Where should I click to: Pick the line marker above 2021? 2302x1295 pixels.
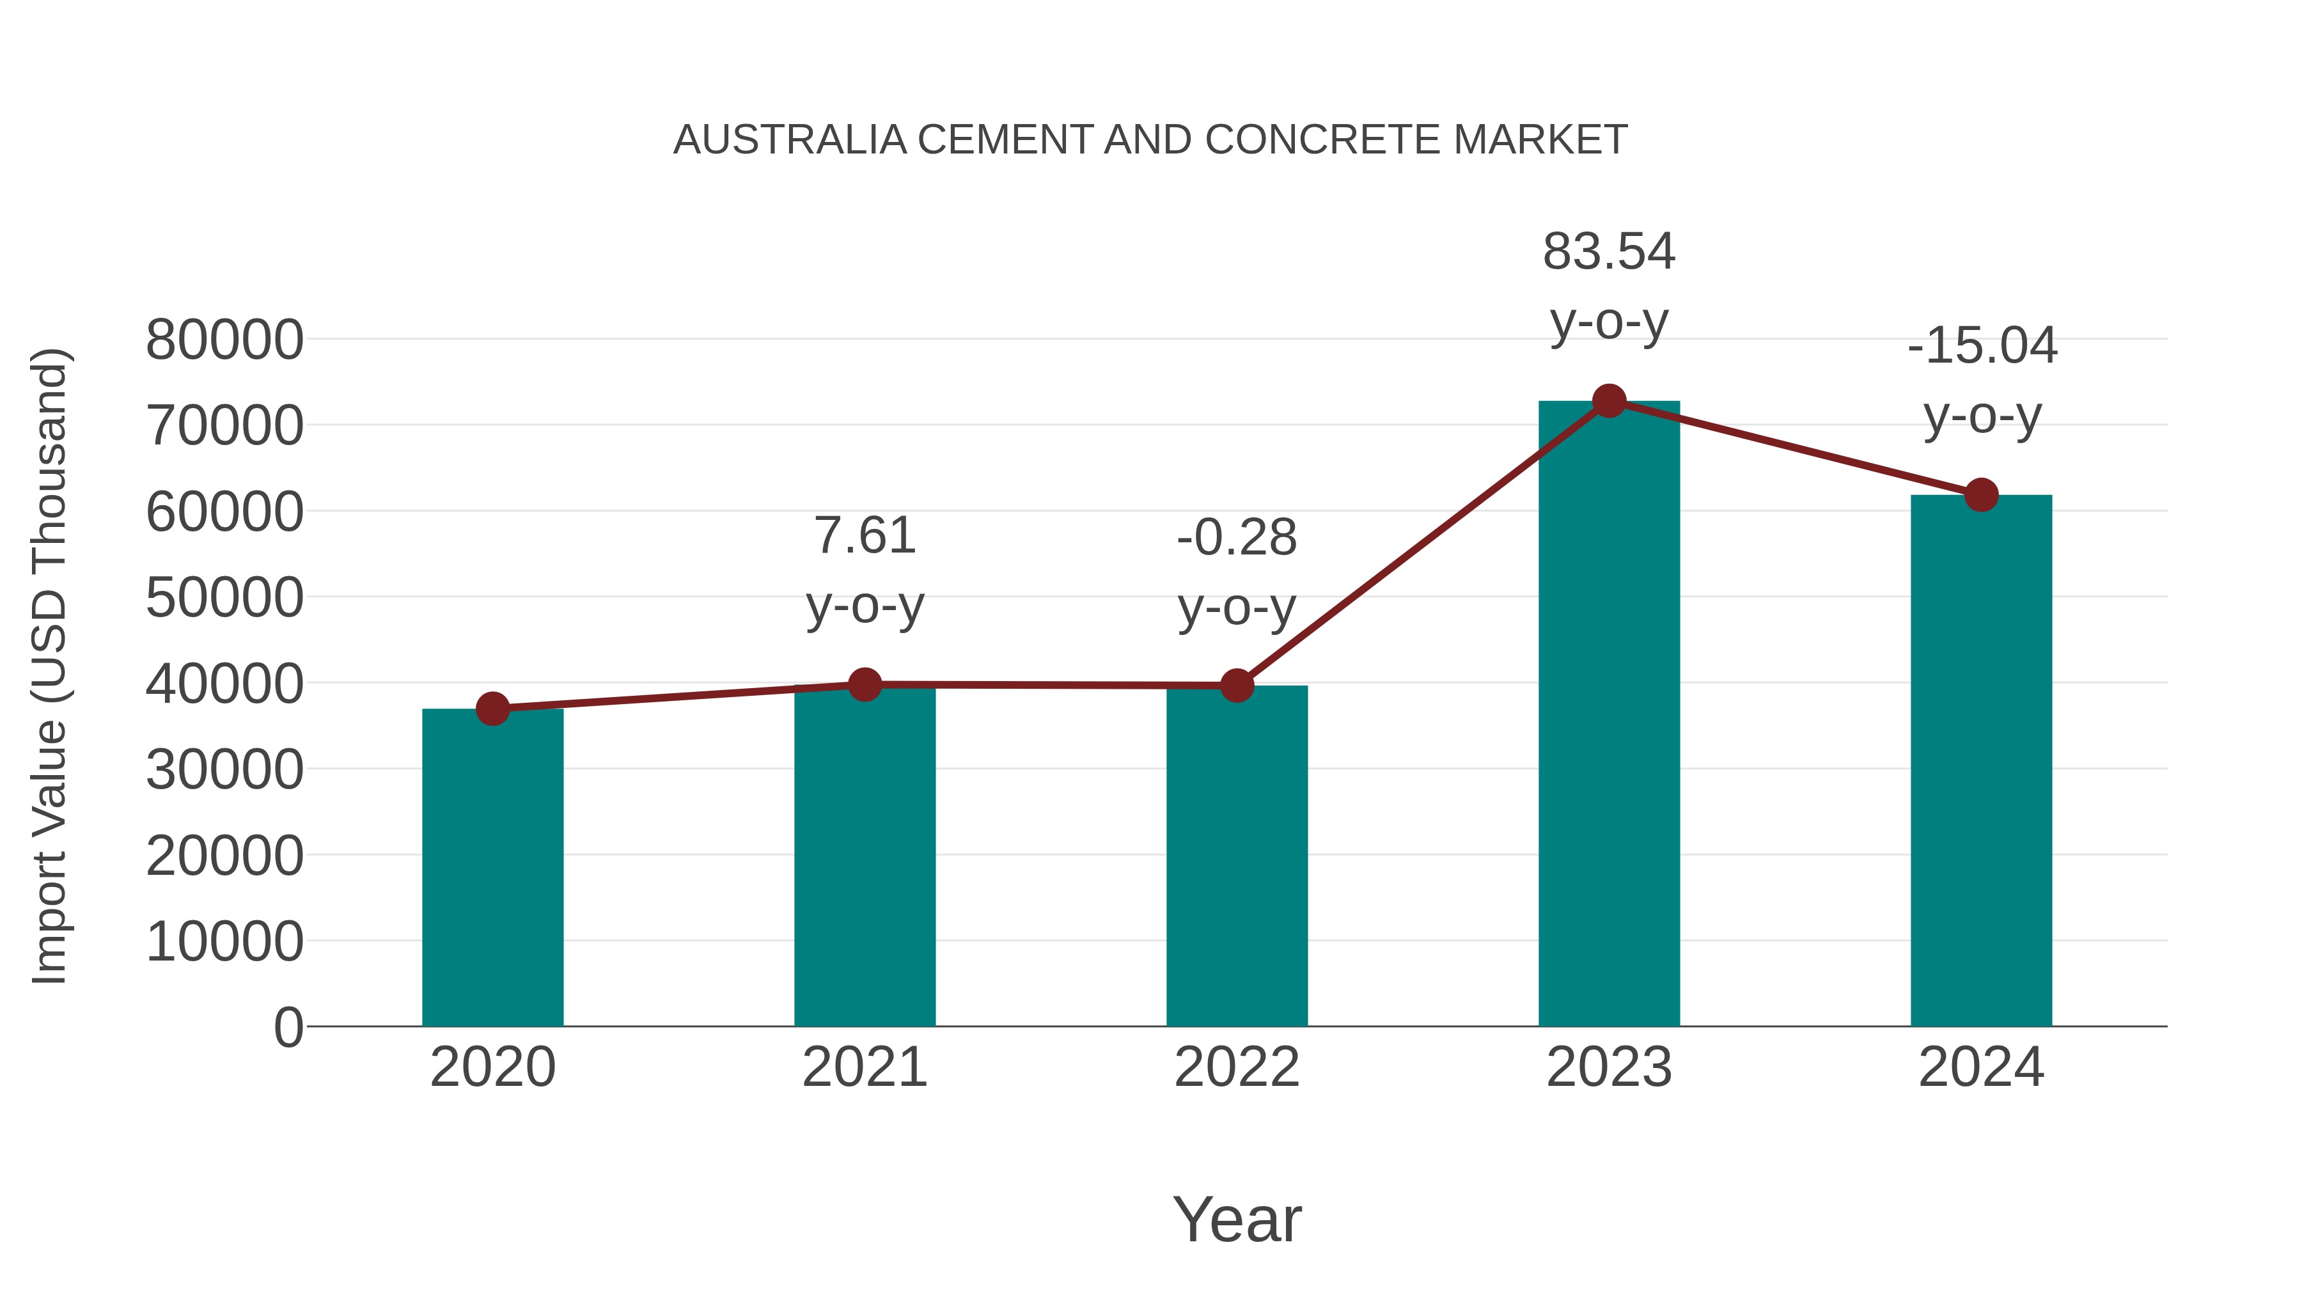click(864, 684)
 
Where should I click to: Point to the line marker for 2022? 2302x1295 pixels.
click(1237, 686)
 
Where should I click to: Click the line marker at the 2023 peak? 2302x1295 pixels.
click(1609, 401)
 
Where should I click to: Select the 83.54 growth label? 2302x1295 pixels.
click(1609, 251)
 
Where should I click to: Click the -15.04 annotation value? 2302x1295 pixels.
click(1981, 346)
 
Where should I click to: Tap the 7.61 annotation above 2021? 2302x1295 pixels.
click(864, 537)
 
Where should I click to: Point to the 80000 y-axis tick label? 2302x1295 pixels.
click(224, 340)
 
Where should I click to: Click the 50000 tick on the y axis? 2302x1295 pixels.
click(224, 597)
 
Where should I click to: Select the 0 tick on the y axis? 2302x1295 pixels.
click(288, 1027)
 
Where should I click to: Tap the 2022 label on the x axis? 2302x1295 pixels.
click(1237, 1067)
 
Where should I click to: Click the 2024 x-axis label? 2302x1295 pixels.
click(1981, 1067)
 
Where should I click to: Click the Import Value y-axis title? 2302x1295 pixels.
click(50, 666)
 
